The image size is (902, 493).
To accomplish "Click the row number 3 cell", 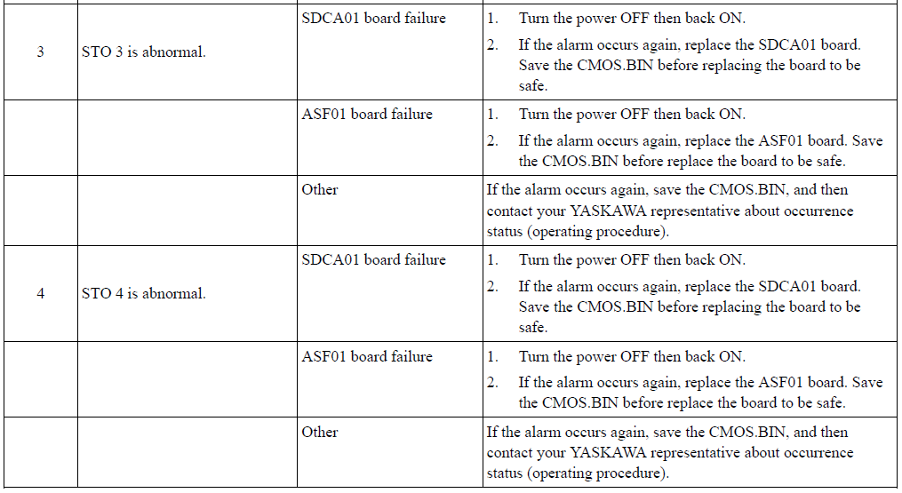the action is pos(40,52).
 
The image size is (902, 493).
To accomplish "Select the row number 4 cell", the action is pos(40,293).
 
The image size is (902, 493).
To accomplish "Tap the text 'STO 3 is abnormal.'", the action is pos(143,52).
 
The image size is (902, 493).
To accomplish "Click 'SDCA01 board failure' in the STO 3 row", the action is pos(373,19).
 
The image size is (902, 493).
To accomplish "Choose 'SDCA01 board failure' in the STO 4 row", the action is pos(373,260).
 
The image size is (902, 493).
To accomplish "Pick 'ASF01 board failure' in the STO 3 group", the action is pos(366,115).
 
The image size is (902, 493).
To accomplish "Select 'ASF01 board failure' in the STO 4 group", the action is pos(366,357).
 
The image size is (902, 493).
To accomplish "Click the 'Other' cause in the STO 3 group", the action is pos(319,190).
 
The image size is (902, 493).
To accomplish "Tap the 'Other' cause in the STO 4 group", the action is pos(319,432).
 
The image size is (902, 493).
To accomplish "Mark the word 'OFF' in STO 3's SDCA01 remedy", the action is pos(634,19).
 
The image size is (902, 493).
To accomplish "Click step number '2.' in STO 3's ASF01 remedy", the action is pos(493,140).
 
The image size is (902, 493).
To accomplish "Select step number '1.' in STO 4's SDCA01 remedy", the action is pos(492,260).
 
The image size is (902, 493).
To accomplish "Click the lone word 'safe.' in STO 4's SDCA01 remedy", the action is pos(532,327).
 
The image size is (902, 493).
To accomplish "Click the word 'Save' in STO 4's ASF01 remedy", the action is pos(867,383).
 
